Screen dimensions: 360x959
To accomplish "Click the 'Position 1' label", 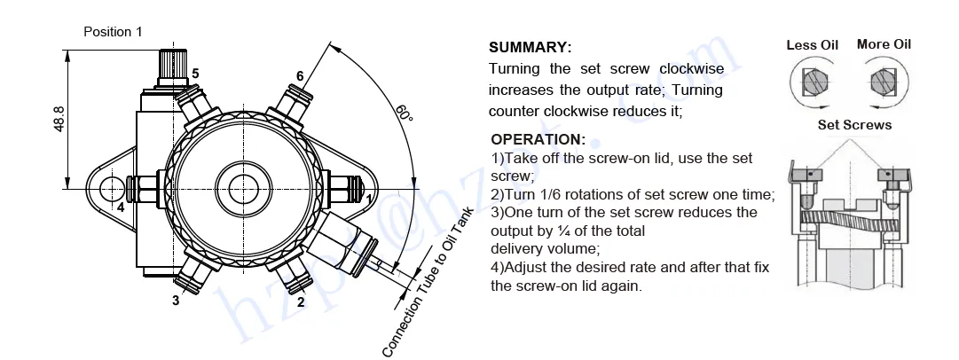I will pos(113,32).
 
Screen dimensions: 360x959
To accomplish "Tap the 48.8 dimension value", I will pos(59,119).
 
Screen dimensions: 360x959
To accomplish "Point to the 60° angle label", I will pos(404,114).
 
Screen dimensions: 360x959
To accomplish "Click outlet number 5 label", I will pos(195,73).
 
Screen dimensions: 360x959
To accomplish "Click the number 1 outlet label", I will pos(370,200).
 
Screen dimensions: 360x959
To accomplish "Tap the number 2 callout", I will pos(301,301).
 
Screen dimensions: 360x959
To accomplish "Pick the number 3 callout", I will pos(176,301).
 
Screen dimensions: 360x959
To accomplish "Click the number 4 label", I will pos(121,207).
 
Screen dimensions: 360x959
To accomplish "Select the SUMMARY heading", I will pos(531,48).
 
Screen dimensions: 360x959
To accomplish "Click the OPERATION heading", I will pos(538,139).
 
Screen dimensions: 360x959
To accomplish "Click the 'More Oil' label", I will pos(884,44).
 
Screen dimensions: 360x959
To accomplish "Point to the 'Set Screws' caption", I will pos(854,125).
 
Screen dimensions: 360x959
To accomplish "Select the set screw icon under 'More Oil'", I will pos(883,82).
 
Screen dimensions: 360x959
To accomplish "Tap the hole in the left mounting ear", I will pos(113,188).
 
